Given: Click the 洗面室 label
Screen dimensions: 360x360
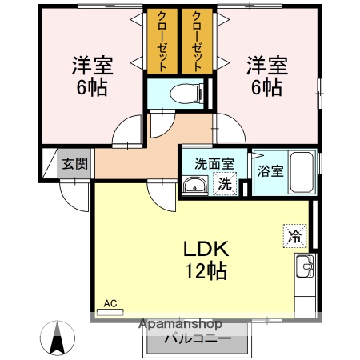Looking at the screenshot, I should pos(214,164).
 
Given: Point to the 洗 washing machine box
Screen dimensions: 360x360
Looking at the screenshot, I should pos(226,183).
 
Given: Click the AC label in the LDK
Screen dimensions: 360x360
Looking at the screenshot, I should pos(110,303).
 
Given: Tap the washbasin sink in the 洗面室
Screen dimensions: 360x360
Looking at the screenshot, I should pos(194,186).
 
